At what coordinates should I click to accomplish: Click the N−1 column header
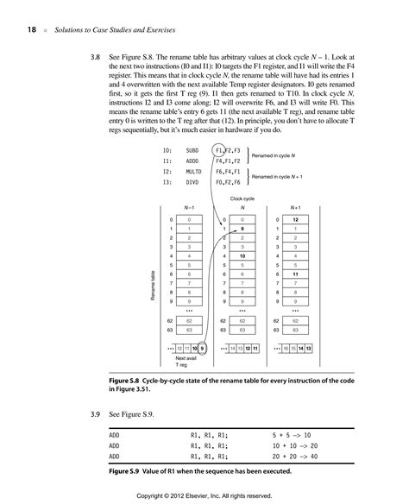point(193,207)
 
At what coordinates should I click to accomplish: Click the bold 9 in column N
point(244,228)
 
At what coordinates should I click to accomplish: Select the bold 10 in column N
point(244,255)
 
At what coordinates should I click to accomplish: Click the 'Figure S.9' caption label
point(129,471)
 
